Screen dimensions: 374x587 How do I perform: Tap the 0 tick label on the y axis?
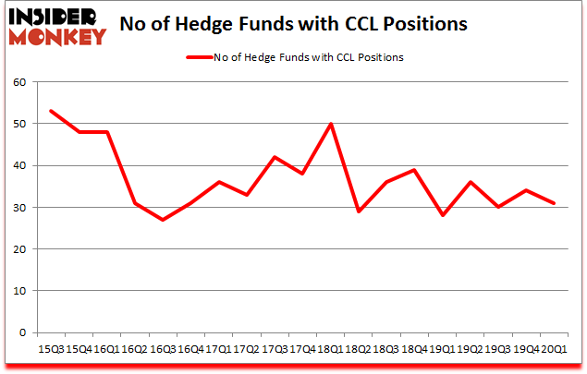click(21, 332)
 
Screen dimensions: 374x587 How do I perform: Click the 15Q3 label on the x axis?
click(50, 349)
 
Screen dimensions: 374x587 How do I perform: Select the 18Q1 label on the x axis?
click(330, 349)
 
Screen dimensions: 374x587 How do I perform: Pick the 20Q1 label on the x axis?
click(554, 349)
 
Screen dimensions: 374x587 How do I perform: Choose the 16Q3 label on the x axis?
click(162, 349)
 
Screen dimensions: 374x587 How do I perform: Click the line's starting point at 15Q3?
click(50, 111)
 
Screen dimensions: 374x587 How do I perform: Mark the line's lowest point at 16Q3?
click(162, 220)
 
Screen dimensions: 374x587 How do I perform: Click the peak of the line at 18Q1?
click(330, 124)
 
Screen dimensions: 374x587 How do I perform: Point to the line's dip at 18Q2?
click(358, 211)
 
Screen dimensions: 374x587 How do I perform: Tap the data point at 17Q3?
click(274, 157)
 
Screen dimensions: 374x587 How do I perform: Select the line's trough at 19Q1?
click(442, 215)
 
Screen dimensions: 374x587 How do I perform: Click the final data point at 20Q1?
click(554, 203)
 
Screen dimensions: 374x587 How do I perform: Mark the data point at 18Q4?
click(414, 170)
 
